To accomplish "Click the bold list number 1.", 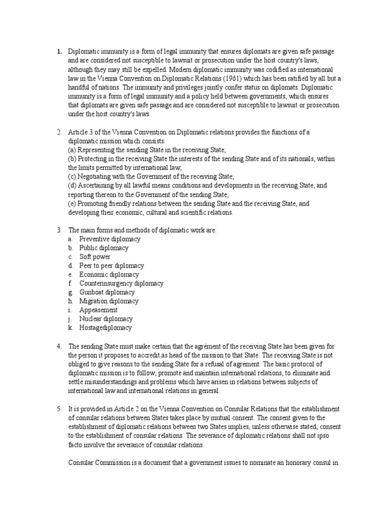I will [59, 51].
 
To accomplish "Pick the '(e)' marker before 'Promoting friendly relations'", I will [73, 204].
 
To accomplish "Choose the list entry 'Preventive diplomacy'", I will [110, 239].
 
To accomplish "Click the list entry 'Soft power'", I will [95, 256].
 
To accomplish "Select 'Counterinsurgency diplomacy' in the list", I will [121, 283].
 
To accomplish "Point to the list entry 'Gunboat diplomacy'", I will [107, 292].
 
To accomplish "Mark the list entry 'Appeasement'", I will [98, 310].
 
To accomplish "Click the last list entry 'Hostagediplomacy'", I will [105, 328].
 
